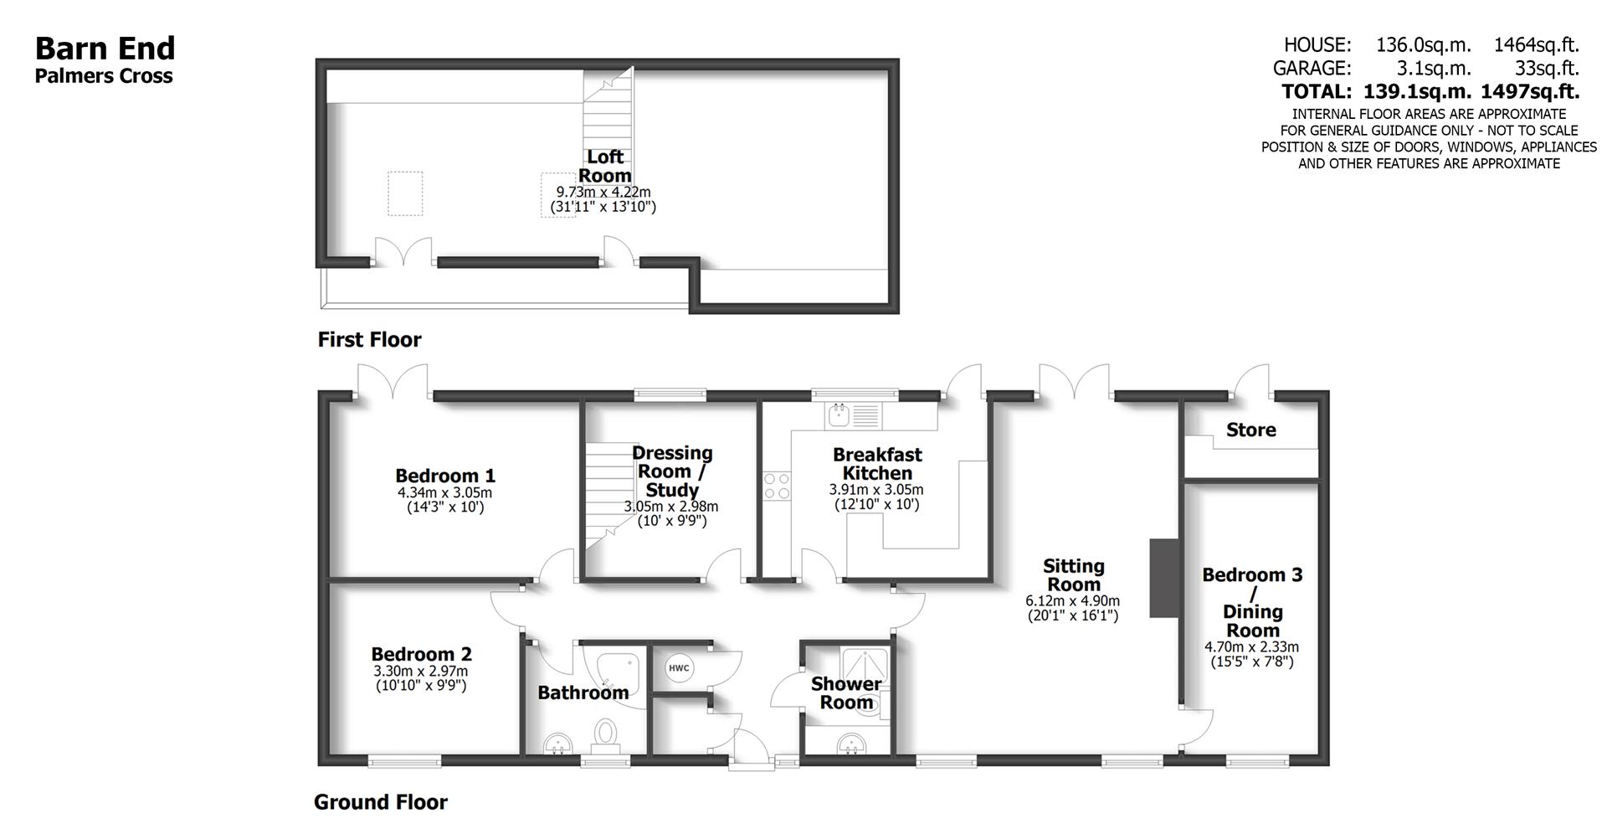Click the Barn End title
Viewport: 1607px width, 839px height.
point(105,48)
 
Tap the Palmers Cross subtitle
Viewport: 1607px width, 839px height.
point(104,76)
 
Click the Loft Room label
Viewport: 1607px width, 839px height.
point(604,166)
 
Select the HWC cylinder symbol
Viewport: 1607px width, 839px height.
point(678,668)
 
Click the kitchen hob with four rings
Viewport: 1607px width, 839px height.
point(777,486)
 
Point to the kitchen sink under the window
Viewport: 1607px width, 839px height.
point(837,414)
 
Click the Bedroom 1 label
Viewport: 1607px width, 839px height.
point(445,476)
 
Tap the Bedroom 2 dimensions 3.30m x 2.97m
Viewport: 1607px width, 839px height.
point(420,671)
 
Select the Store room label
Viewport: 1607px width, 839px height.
point(1250,430)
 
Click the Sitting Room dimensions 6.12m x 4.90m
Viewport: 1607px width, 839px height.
point(1072,600)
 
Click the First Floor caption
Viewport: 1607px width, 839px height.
point(369,339)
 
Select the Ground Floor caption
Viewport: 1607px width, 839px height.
point(380,802)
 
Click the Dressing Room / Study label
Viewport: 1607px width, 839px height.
point(672,471)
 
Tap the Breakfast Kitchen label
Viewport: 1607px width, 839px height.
point(876,463)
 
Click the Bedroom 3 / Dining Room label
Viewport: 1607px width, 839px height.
point(1252,602)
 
